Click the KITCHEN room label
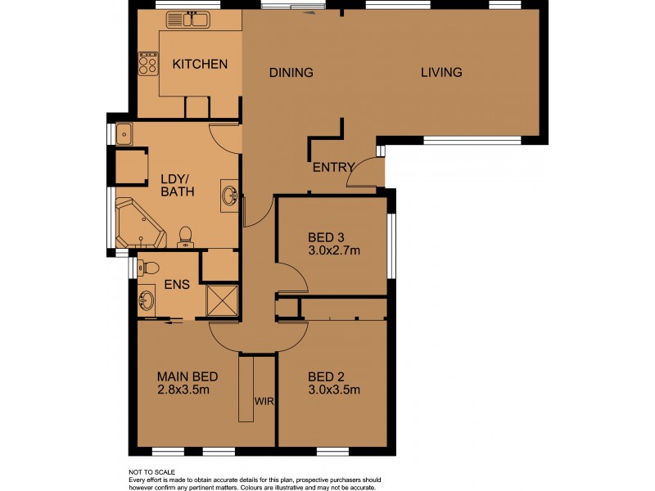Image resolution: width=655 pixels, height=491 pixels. [x=199, y=64]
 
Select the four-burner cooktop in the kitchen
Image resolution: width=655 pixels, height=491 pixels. [x=148, y=64]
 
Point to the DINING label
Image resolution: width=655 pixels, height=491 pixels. [x=291, y=73]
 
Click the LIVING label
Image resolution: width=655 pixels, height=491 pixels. [x=441, y=72]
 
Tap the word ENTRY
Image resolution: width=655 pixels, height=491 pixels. [x=333, y=168]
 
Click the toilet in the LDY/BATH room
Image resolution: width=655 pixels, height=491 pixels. [x=185, y=236]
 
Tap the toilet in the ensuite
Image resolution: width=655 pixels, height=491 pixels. [x=147, y=266]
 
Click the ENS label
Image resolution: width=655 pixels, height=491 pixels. [x=177, y=286]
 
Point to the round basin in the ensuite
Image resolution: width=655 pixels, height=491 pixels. [x=147, y=300]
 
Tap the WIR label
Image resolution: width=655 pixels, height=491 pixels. [x=264, y=402]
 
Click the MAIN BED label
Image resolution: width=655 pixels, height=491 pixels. [x=187, y=376]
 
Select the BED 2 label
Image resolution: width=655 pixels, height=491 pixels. [x=327, y=376]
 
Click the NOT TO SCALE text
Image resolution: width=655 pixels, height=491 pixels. [x=152, y=473]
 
